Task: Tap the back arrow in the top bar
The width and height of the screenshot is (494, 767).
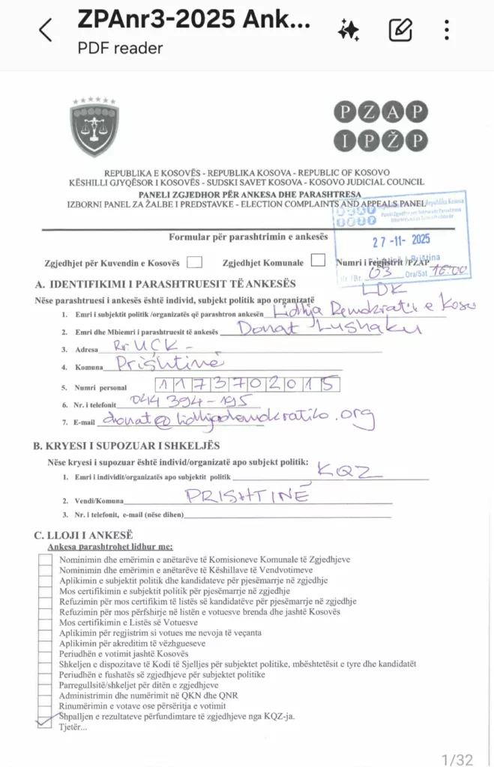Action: [x=46, y=30]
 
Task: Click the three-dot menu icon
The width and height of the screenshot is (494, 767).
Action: [x=447, y=30]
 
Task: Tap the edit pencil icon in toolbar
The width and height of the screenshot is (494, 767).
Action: [x=400, y=30]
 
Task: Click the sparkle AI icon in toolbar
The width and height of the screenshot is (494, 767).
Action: [x=349, y=30]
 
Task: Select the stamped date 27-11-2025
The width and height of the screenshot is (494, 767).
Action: [x=402, y=240]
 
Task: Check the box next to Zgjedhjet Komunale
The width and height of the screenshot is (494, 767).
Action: [x=318, y=261]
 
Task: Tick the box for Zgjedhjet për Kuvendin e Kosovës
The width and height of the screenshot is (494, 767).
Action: [x=195, y=262]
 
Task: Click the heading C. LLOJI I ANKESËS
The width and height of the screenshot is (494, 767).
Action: [x=83, y=535]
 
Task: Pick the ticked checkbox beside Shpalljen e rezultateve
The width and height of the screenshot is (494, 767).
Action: [x=44, y=717]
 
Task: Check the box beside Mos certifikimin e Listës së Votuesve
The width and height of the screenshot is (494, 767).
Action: [x=44, y=622]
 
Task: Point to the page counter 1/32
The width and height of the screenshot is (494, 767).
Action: [x=457, y=760]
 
